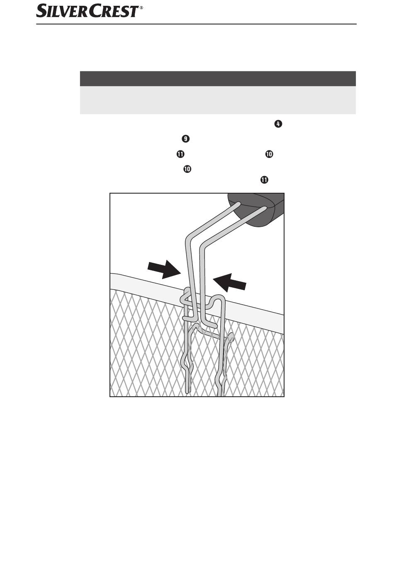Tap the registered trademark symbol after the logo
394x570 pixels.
click(141, 8)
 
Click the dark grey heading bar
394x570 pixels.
click(218, 78)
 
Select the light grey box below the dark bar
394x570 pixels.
click(218, 100)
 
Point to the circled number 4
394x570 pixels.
click(278, 124)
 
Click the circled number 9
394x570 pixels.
click(185, 139)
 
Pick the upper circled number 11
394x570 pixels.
click(180, 154)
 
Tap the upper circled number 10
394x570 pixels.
click(269, 154)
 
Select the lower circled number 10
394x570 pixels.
click(187, 169)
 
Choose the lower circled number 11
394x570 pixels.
click(264, 180)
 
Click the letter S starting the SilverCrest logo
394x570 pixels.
click(41, 11)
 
